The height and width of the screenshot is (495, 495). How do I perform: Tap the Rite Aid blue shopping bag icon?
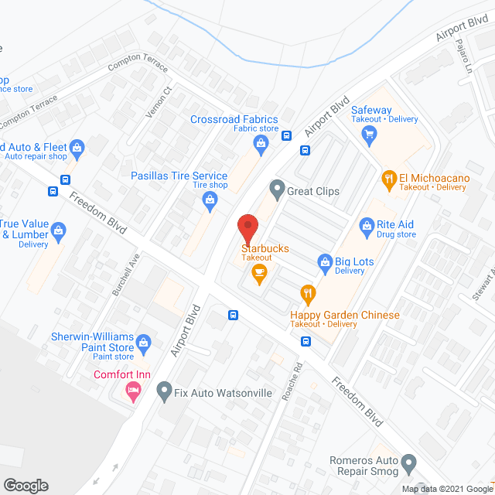point(367,225)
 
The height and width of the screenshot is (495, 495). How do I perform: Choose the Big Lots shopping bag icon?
point(326,263)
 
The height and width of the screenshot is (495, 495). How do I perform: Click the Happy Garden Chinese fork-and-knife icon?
point(307,294)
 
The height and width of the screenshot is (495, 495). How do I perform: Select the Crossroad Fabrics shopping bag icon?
point(262,143)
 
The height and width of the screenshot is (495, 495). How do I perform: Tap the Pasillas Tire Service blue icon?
point(210,200)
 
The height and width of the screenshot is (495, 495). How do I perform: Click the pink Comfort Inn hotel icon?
point(133,393)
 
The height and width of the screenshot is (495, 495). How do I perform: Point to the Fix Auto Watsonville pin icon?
point(163,393)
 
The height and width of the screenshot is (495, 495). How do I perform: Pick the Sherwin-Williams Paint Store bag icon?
point(144,341)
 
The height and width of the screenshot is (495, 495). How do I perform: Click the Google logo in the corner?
point(26,485)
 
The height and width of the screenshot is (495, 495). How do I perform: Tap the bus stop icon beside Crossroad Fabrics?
point(286,135)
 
